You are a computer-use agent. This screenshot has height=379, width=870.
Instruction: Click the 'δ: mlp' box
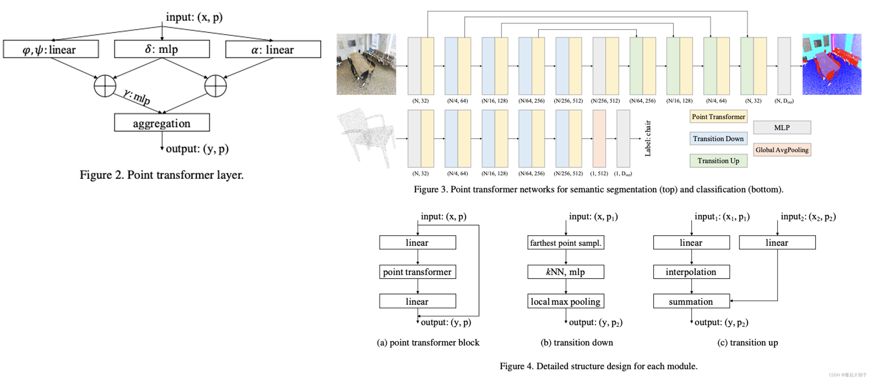(x=162, y=49)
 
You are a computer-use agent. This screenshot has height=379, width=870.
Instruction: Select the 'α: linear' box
(x=273, y=49)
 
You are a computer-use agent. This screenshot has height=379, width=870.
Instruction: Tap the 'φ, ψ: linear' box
(x=51, y=49)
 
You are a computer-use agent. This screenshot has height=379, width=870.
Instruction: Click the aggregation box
(x=162, y=123)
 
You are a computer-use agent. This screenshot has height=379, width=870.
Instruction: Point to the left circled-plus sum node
(x=105, y=86)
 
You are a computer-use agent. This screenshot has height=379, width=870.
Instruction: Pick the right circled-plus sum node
(x=215, y=86)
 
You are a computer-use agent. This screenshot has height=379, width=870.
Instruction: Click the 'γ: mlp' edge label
(x=137, y=97)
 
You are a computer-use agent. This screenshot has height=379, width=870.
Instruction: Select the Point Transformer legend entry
(x=718, y=116)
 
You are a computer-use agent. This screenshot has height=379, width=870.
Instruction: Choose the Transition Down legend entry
(x=718, y=139)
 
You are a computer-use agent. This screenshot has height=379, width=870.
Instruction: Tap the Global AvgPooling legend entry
(x=782, y=150)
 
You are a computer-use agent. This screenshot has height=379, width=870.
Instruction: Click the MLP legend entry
(x=782, y=127)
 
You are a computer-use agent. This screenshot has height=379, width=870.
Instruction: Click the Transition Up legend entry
(x=718, y=160)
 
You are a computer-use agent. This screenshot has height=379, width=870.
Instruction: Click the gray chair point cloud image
(x=366, y=137)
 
